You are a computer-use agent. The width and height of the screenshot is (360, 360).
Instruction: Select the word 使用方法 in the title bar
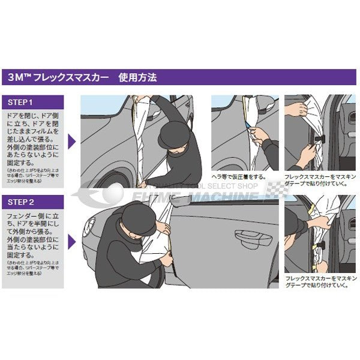[x=140, y=77]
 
